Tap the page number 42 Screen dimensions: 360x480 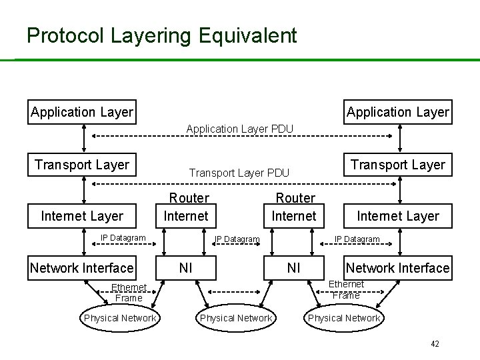pyautogui.click(x=435, y=344)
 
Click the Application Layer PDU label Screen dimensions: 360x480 pyautogui.click(x=240, y=128)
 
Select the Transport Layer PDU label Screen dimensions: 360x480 pyautogui.click(x=239, y=173)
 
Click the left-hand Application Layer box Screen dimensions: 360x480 pyautogui.click(x=82, y=112)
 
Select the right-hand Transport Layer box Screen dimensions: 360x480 pyautogui.click(x=398, y=165)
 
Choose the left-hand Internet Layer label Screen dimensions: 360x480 pyautogui.click(x=82, y=215)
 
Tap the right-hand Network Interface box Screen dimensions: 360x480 pyautogui.click(x=397, y=268)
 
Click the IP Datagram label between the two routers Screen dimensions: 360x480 pyautogui.click(x=237, y=239)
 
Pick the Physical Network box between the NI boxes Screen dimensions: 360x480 pyautogui.click(x=236, y=318)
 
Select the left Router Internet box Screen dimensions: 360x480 pyautogui.click(x=186, y=207)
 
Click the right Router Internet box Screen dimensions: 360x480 pyautogui.click(x=294, y=207)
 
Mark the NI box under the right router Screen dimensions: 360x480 pyautogui.click(x=293, y=268)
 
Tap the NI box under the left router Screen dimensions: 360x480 pyautogui.click(x=186, y=268)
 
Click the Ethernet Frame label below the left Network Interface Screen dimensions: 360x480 pyautogui.click(x=129, y=293)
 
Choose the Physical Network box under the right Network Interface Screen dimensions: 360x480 pyautogui.click(x=344, y=318)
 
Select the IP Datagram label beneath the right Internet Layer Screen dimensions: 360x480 pyautogui.click(x=357, y=239)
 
